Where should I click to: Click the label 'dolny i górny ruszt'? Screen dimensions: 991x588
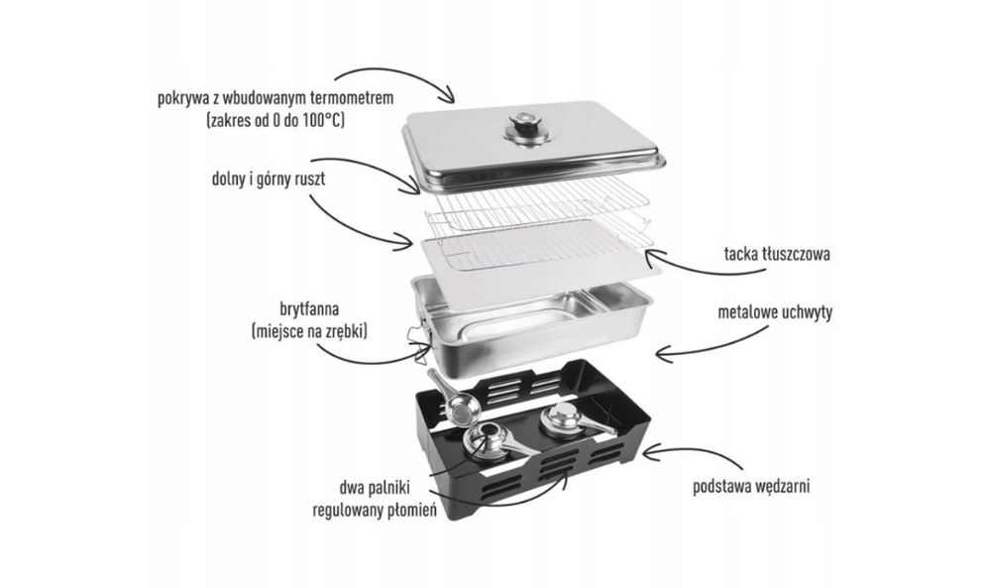point(269,178)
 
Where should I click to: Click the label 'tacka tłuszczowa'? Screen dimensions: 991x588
point(777,254)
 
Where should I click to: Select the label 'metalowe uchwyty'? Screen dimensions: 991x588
point(775,311)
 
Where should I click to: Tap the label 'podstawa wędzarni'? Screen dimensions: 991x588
point(751,486)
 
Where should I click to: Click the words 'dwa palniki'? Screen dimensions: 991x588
point(375,488)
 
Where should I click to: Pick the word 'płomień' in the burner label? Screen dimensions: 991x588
point(412,510)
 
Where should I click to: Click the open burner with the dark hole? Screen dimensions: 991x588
point(488,439)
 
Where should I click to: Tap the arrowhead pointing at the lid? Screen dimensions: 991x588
point(448,95)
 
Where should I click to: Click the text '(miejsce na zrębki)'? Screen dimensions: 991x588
point(309,330)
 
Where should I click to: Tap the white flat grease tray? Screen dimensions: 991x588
point(537,250)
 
